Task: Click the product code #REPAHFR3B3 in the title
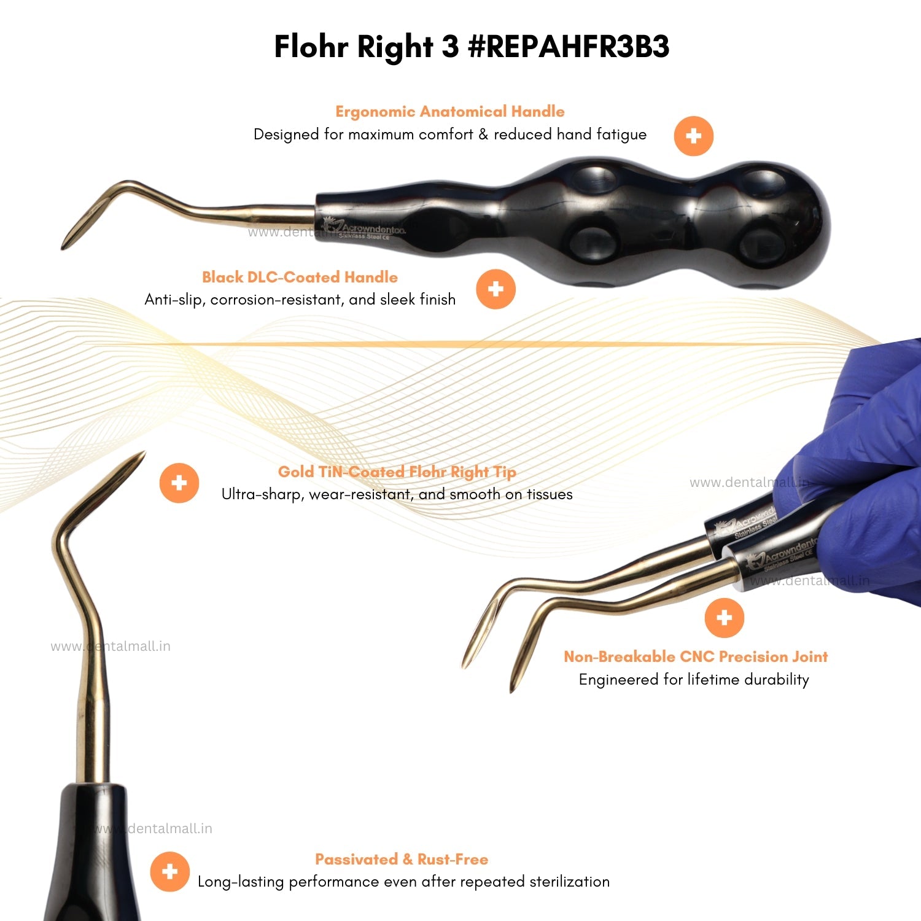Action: point(568,47)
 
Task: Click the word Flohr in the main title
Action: point(311,47)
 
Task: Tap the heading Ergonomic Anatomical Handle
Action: point(449,111)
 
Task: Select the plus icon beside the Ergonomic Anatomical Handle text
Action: point(693,136)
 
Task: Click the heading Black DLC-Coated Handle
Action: point(300,277)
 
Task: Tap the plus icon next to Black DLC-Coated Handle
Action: point(495,289)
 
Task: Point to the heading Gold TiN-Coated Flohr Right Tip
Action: point(397,472)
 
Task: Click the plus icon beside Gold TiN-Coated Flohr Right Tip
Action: point(179,483)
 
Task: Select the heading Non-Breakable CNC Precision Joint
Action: point(695,656)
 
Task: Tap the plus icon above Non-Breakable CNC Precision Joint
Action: point(724,617)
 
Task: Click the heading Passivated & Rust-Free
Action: point(402,859)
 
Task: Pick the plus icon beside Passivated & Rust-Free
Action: point(169,871)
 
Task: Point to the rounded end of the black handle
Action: point(810,227)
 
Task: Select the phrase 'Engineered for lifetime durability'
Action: point(694,679)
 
